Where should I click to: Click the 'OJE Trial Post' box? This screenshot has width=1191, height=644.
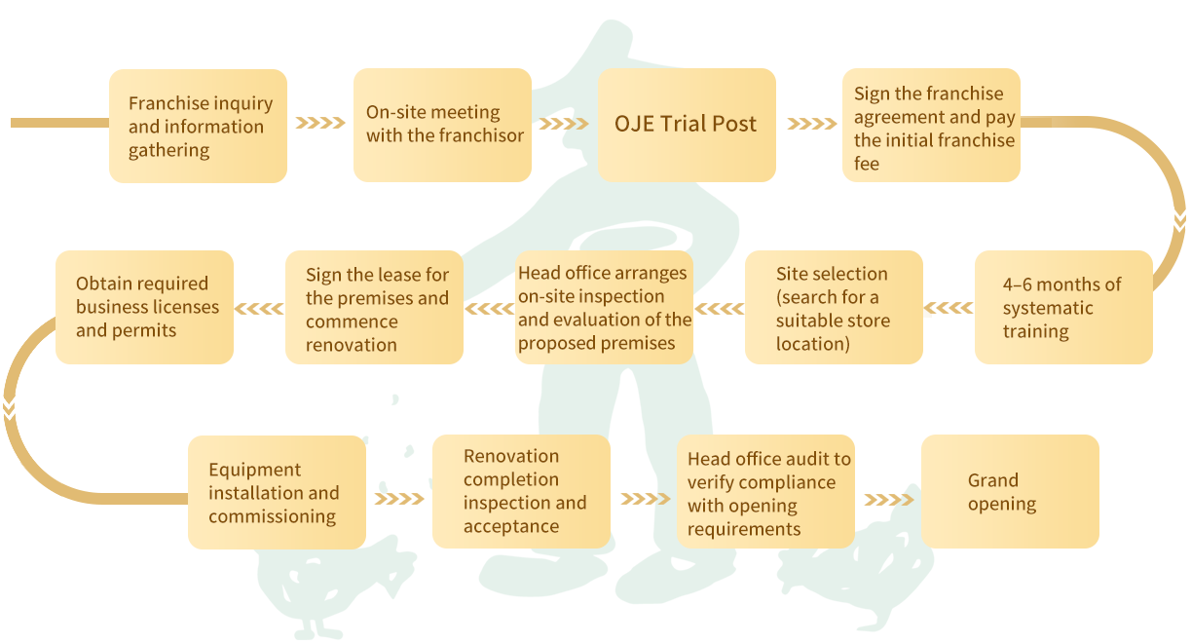[x=687, y=125]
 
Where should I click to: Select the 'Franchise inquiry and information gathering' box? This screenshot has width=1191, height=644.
[x=198, y=126]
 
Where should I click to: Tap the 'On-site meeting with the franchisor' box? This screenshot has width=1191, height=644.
[x=442, y=125]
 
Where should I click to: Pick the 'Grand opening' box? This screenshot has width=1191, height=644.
[x=1010, y=491]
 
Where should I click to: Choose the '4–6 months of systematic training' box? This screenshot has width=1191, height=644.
[x=1063, y=307]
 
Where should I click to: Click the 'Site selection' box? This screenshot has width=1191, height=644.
[x=834, y=307]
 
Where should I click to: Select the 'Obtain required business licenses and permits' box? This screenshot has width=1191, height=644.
[x=145, y=307]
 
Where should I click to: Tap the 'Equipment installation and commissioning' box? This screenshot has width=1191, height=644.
[x=277, y=492]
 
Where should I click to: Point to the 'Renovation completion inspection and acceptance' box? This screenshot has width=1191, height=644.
[x=521, y=491]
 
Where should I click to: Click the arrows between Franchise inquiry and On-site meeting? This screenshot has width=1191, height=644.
[x=320, y=123]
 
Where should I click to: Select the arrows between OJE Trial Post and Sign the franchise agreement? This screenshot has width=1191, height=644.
[x=812, y=124]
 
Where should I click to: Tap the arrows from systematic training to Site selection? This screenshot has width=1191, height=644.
[x=949, y=308]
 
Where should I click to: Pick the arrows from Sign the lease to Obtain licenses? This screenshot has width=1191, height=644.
[x=259, y=309]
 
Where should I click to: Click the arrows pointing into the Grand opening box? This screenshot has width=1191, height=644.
[x=889, y=500]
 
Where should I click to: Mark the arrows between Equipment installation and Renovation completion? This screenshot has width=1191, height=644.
[x=399, y=499]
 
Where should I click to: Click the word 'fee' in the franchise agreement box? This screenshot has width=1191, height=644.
[x=866, y=164]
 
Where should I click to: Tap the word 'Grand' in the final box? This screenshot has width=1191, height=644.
[x=992, y=480]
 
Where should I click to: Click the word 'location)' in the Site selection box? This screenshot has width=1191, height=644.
[x=812, y=344]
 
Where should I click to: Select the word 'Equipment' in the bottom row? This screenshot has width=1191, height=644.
[x=255, y=471]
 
